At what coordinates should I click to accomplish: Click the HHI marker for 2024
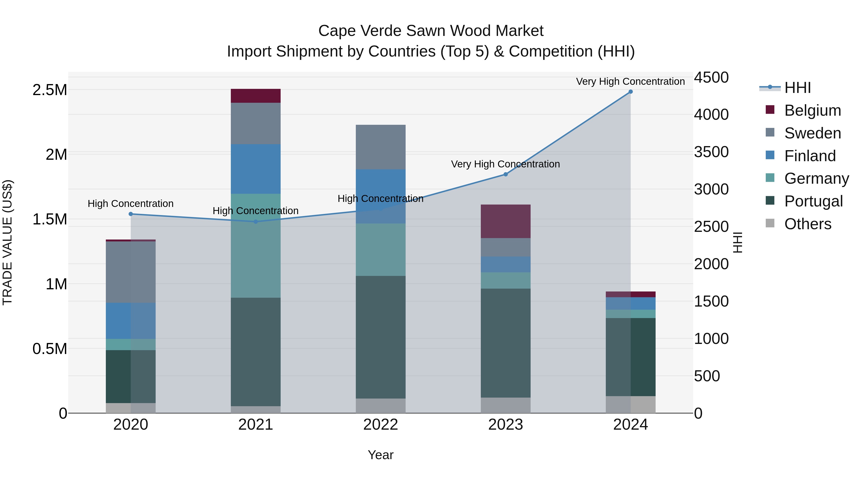(x=630, y=92)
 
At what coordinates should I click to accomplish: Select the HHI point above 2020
(x=131, y=214)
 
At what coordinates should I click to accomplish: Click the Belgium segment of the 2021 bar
(x=256, y=96)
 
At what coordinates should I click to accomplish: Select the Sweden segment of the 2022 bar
(x=380, y=147)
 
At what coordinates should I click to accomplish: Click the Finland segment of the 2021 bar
(x=256, y=169)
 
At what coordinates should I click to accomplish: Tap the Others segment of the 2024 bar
(x=630, y=405)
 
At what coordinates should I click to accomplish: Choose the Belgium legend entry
(x=812, y=110)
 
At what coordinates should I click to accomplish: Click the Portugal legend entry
(x=813, y=201)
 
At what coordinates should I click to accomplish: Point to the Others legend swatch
(x=770, y=223)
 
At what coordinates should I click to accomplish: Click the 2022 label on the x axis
(x=380, y=425)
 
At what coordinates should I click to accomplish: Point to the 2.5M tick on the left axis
(x=50, y=90)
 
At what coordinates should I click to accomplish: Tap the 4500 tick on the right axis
(x=711, y=77)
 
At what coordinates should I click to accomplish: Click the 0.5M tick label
(x=50, y=349)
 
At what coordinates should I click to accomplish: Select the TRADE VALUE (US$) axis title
(x=8, y=242)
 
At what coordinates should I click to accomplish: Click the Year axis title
(x=380, y=455)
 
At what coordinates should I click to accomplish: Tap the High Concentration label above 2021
(x=256, y=211)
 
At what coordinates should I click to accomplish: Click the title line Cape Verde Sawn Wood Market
(x=431, y=31)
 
